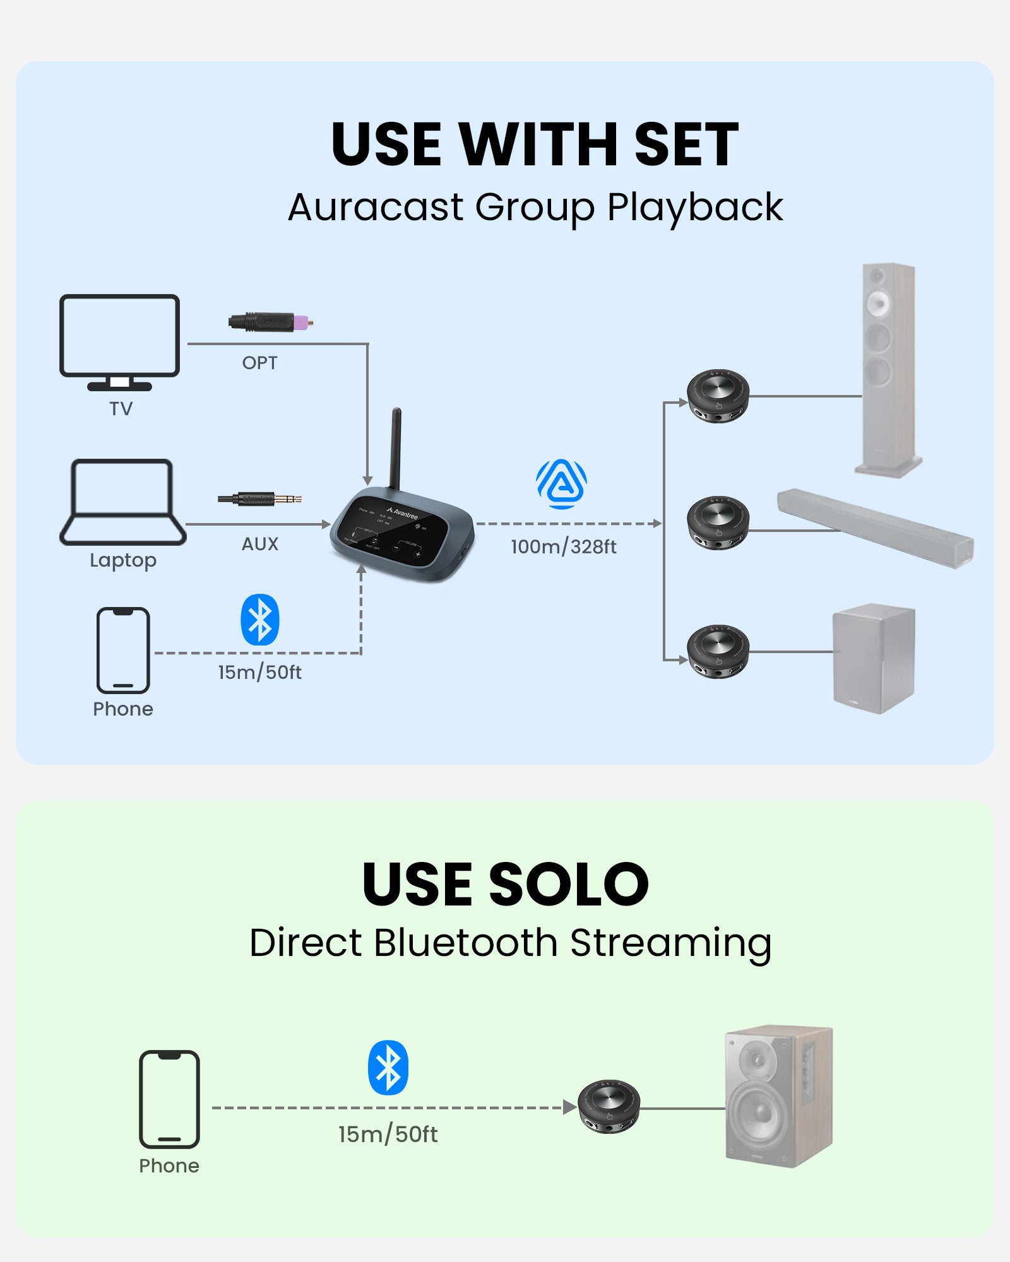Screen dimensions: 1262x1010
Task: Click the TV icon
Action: coord(119,341)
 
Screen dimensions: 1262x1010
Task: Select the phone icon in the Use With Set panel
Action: coord(123,650)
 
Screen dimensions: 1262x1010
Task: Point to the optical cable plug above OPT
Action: coord(270,322)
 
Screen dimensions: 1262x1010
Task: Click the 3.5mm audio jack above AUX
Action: coord(259,499)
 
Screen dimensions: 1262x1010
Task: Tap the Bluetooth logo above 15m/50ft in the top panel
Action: coord(260,620)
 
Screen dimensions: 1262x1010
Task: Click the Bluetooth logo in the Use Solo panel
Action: coord(388,1067)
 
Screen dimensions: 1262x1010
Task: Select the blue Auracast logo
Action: coord(561,484)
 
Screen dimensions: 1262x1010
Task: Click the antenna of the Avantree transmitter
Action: coord(396,448)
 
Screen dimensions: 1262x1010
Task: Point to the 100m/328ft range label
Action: coord(563,546)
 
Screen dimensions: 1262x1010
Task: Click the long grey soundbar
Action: coord(875,528)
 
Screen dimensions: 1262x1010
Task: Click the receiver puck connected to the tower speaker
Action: coord(718,396)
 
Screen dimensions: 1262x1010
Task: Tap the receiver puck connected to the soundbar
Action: coord(718,523)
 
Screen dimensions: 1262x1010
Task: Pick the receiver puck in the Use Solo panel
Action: coord(609,1106)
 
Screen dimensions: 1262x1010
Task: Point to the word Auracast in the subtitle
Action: coord(376,208)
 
